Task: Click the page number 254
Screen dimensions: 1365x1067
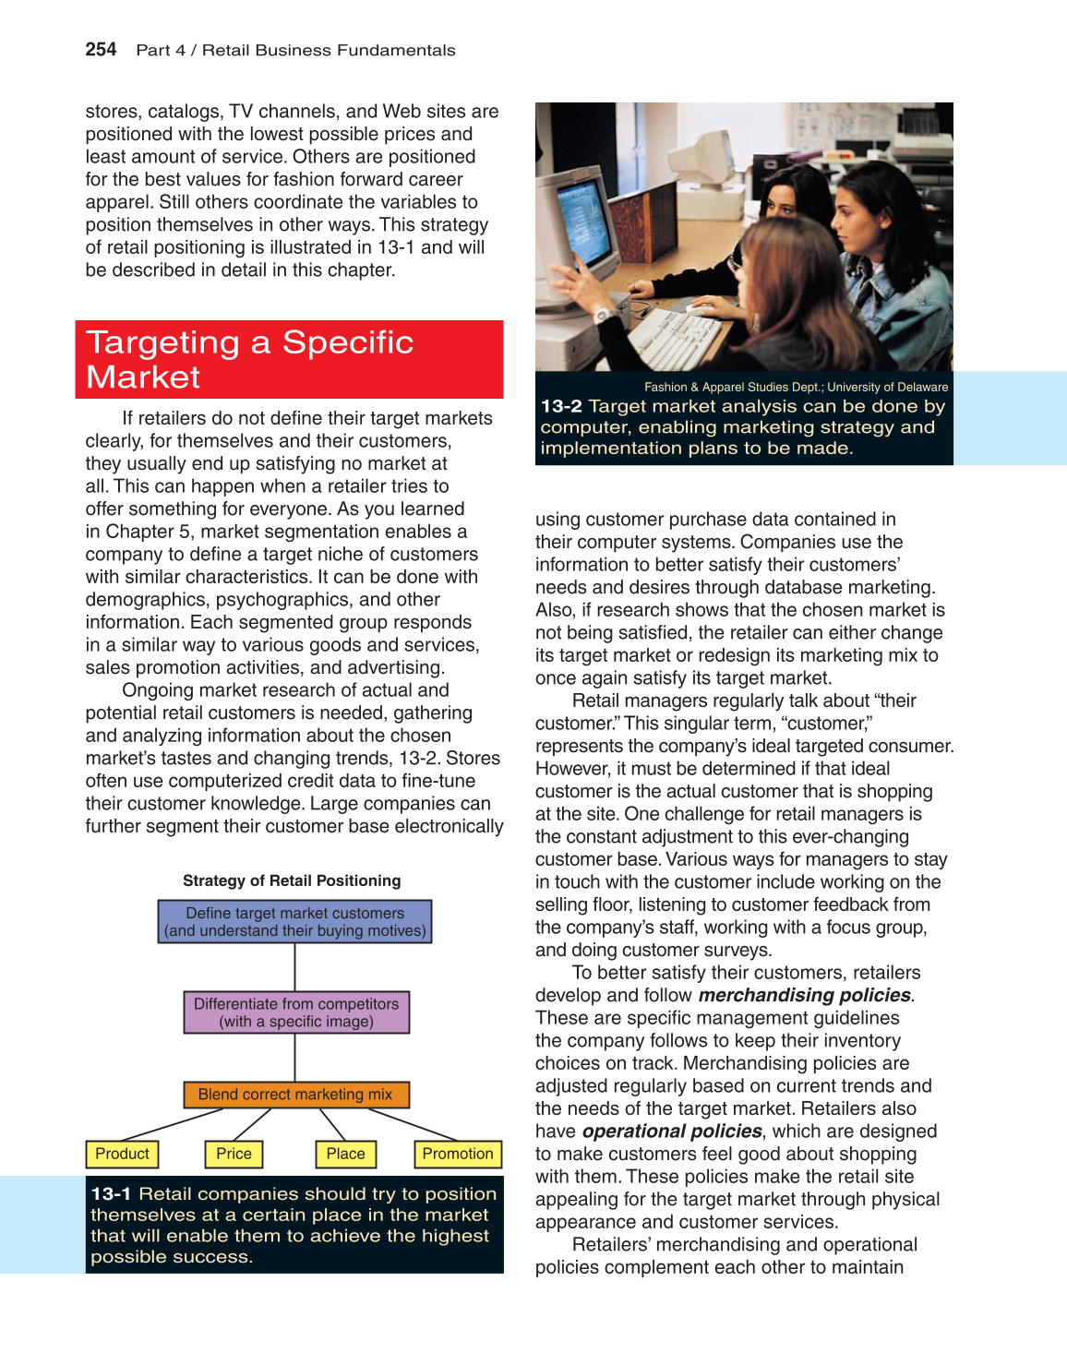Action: [101, 50]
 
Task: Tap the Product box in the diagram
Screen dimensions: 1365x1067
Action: [122, 1154]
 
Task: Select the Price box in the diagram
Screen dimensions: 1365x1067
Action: [234, 1154]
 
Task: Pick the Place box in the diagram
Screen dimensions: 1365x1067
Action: [345, 1154]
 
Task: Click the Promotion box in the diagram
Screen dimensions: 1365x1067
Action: [457, 1154]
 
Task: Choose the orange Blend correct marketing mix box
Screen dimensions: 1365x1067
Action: [295, 1095]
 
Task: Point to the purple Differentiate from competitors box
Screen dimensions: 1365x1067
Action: [296, 1012]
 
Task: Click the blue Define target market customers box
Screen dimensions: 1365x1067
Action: [295, 922]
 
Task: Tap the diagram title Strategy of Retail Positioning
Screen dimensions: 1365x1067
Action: [292, 880]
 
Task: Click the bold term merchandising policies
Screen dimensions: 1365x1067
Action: [805, 995]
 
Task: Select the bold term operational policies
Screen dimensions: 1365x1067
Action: [672, 1132]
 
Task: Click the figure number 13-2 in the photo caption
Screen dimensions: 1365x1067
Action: [561, 406]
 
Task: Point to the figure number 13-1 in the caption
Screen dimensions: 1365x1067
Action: [112, 1194]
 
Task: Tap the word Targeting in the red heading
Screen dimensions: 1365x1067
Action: [162, 342]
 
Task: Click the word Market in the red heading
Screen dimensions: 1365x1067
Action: [143, 377]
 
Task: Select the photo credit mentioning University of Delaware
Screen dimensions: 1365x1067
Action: [796, 388]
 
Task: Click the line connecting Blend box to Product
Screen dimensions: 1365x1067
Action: [173, 1124]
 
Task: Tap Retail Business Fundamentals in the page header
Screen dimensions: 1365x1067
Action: [329, 51]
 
